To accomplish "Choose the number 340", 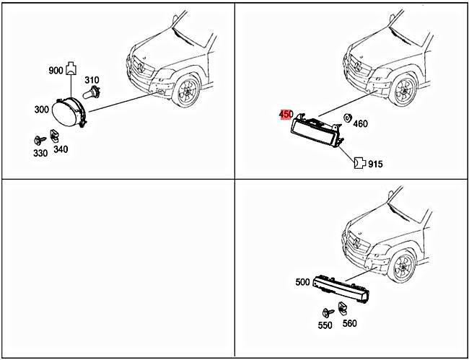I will tap(61, 149).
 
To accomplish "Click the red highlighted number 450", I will tap(285, 114).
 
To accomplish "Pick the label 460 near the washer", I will tap(360, 123).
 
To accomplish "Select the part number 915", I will tap(375, 164).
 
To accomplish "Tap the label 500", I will tap(302, 282).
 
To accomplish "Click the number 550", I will tap(325, 325).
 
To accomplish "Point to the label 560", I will tap(349, 323).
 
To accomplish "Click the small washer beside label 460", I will tap(347, 118).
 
